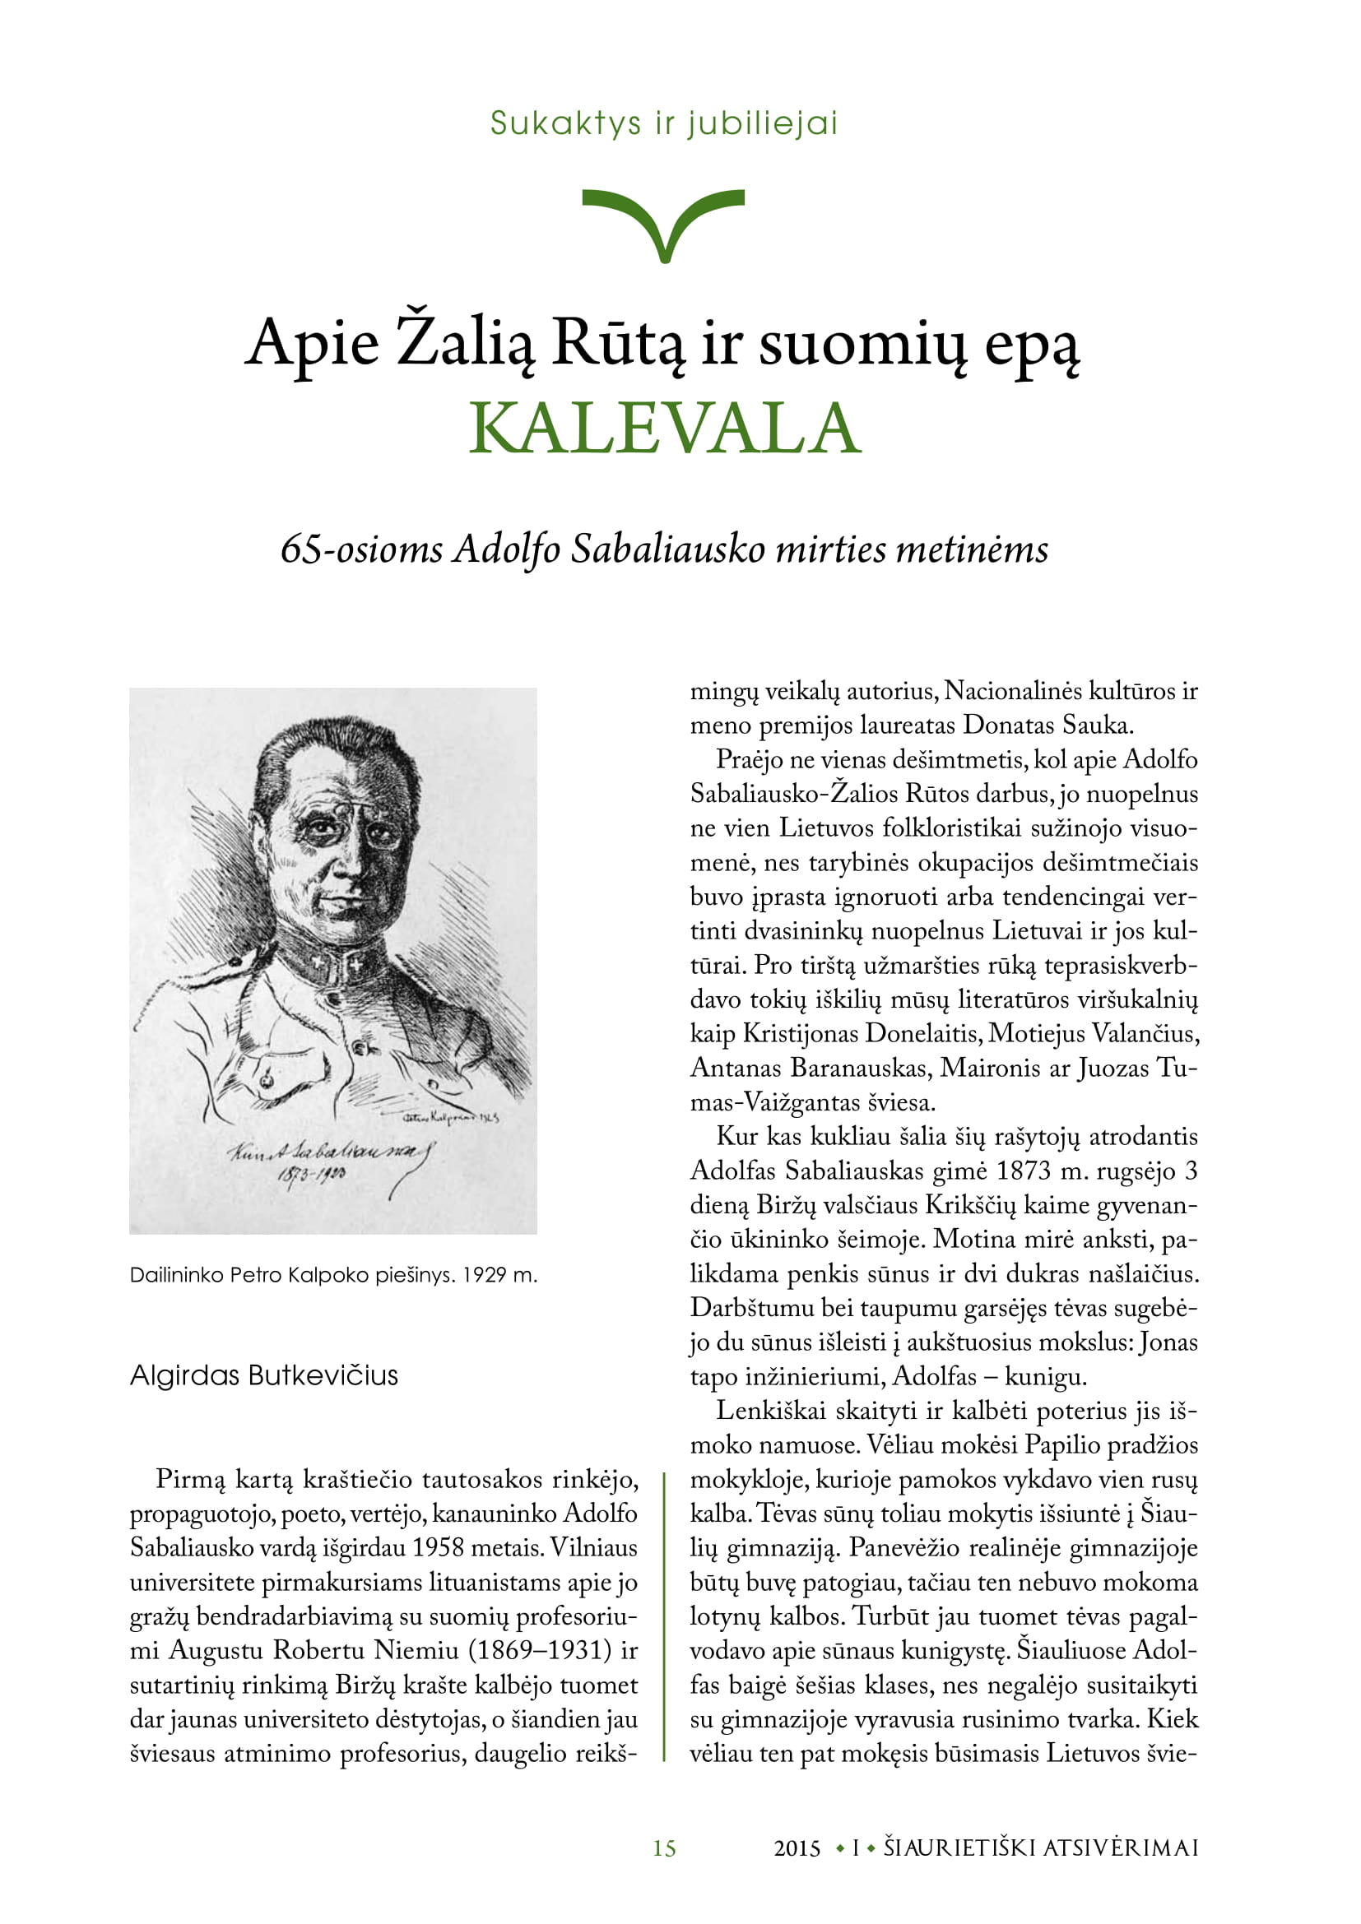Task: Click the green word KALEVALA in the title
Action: coord(664,429)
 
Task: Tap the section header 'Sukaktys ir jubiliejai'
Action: coord(664,123)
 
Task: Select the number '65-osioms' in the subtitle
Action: coord(361,549)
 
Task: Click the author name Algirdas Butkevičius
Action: coord(264,1375)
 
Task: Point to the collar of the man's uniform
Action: coord(331,964)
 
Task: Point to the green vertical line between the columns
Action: coord(664,1617)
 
